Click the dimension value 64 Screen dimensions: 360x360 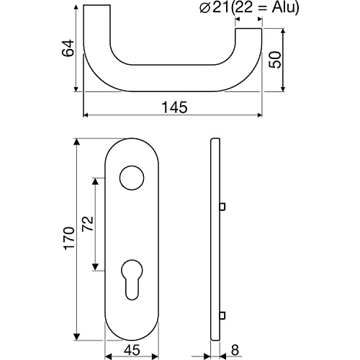(68, 48)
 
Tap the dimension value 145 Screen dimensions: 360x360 (175, 107)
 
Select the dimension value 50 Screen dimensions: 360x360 (275, 60)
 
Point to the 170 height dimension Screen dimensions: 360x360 (69, 238)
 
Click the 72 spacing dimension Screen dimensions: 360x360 (87, 224)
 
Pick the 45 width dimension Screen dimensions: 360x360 (132, 350)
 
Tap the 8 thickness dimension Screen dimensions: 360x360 (235, 350)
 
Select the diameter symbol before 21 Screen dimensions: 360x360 (204, 9)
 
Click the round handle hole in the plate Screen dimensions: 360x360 (132, 178)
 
